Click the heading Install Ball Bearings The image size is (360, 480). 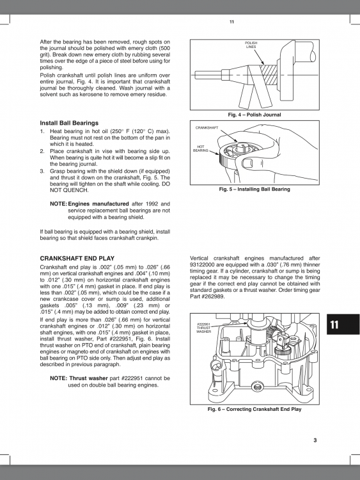pos(69,122)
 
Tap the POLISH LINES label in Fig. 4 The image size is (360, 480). pos(251,45)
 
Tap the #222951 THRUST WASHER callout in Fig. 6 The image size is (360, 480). pos(204,328)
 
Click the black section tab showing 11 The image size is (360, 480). pos(334,325)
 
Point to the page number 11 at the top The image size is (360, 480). pos(231,22)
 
